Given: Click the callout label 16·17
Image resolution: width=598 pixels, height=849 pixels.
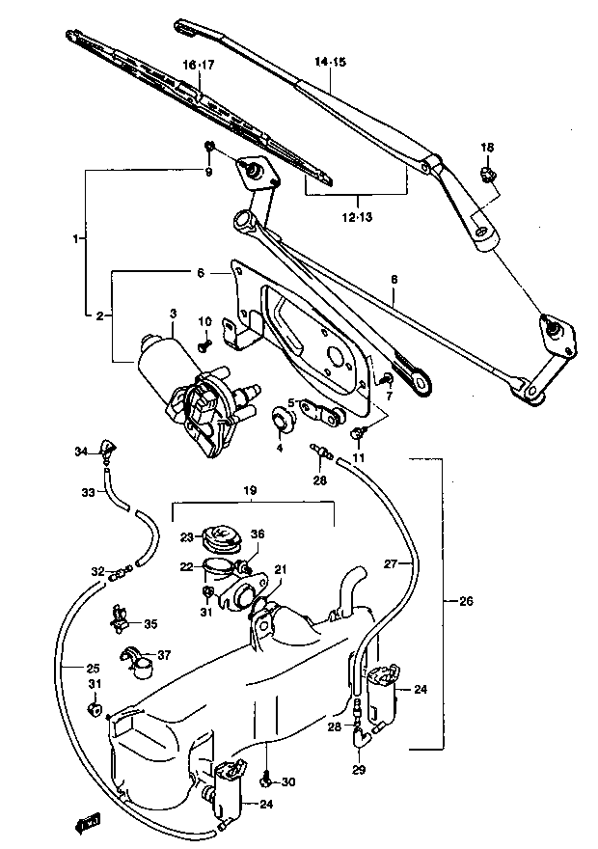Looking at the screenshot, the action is (199, 65).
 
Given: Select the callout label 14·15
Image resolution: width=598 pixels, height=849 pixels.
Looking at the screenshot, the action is (330, 62).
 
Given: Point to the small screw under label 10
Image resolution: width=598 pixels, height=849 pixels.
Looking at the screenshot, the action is (205, 345).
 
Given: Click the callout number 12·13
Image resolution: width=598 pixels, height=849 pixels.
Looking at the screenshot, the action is (358, 218).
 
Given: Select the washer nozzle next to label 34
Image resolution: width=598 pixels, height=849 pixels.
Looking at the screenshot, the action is (107, 452).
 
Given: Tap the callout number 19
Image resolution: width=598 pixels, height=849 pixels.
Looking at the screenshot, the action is (250, 490).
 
